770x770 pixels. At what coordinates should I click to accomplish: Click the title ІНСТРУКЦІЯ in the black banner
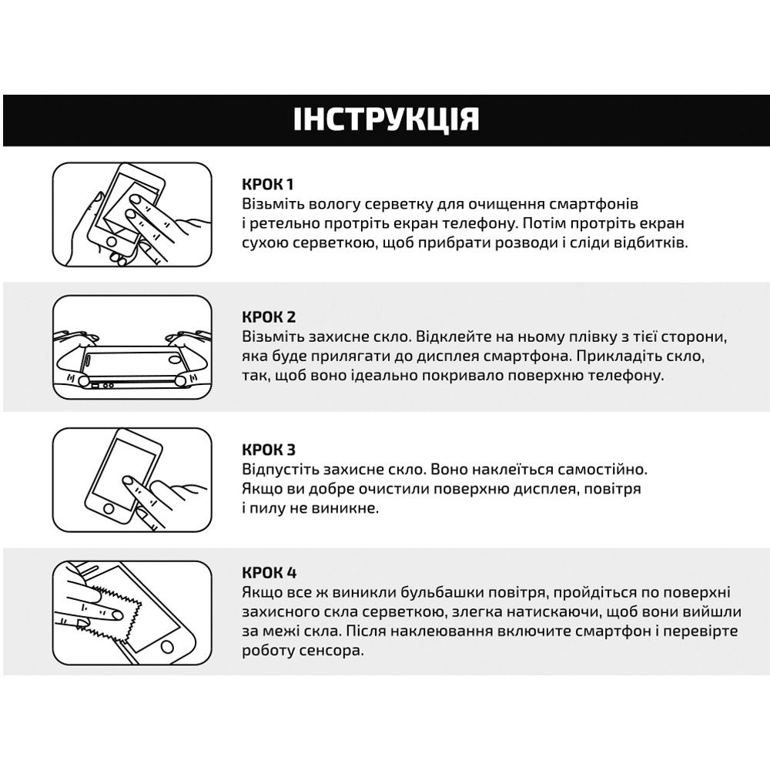(386, 120)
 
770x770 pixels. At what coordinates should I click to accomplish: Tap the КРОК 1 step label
(268, 185)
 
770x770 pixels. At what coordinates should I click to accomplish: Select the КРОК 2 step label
(269, 317)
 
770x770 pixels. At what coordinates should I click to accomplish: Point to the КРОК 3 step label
(269, 450)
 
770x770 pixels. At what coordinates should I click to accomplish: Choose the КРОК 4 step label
(269, 572)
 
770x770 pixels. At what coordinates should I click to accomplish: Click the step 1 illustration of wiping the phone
(132, 213)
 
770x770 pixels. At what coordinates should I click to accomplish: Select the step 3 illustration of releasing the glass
(132, 479)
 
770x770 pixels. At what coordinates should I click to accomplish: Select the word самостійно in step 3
(604, 469)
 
